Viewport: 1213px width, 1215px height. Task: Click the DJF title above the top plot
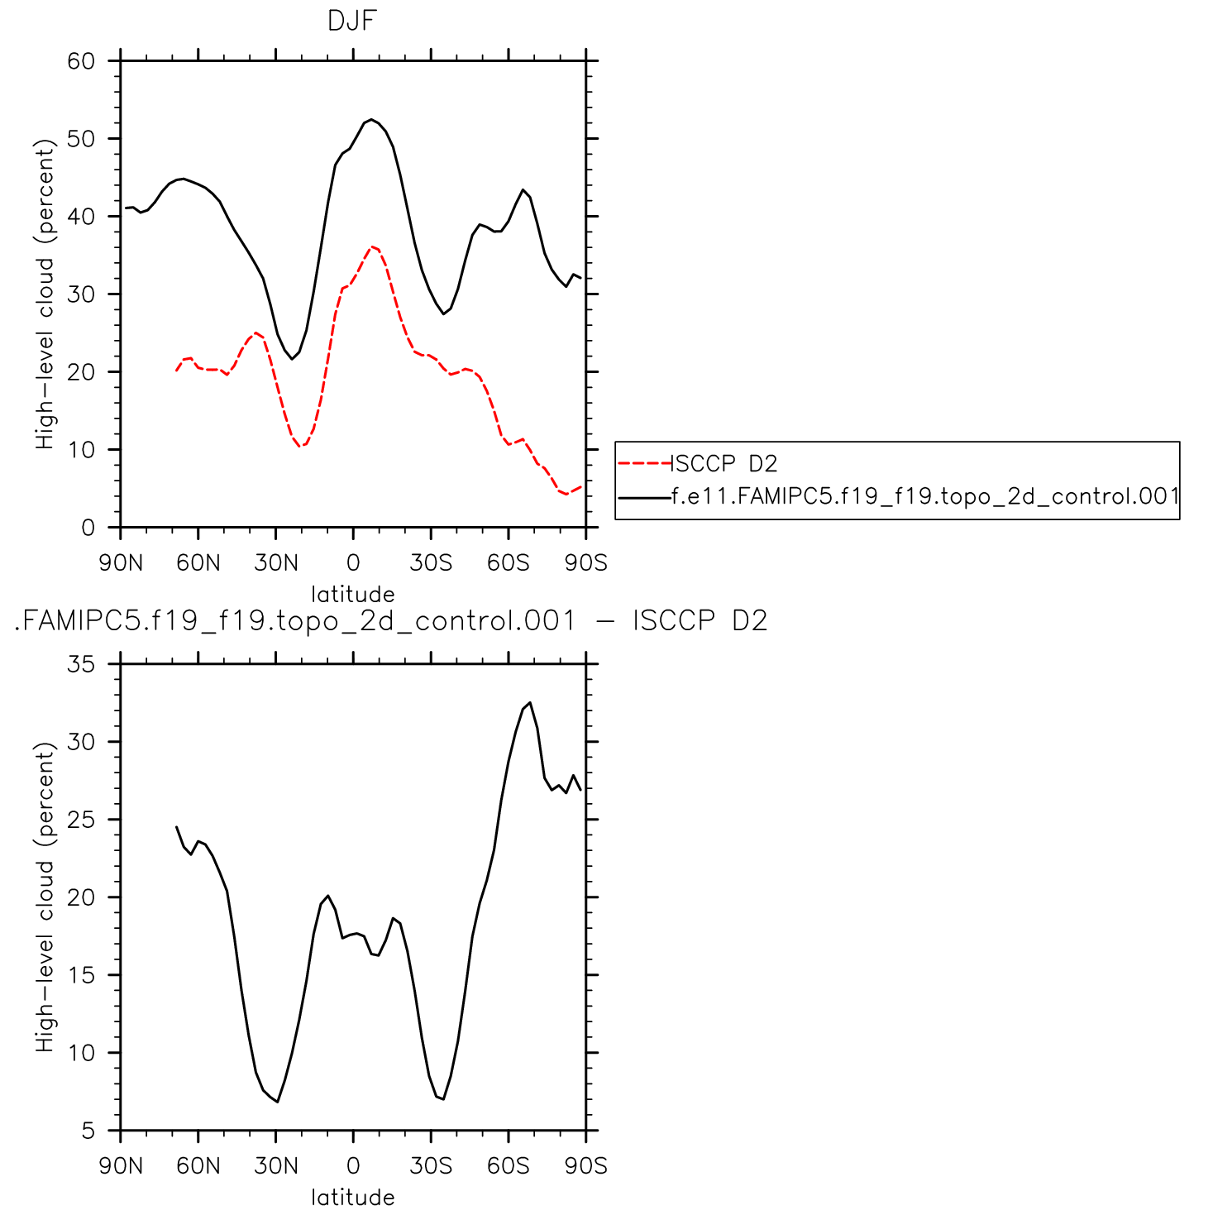click(x=352, y=21)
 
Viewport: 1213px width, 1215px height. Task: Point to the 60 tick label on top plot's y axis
click(x=82, y=61)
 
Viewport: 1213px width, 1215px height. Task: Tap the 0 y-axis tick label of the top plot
click(x=88, y=528)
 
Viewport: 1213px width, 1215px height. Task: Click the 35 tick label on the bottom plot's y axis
click(x=82, y=664)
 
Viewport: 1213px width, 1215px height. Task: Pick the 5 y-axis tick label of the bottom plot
click(x=88, y=1131)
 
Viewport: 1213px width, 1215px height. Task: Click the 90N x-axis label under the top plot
click(x=121, y=563)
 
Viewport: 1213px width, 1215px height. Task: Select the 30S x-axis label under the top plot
click(x=431, y=563)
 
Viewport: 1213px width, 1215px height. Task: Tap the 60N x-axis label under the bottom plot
click(x=198, y=1166)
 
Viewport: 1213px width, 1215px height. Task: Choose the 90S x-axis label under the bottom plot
click(x=585, y=1166)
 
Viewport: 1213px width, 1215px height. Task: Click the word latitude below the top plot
click(x=353, y=594)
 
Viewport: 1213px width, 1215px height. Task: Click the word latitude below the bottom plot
click(x=353, y=1197)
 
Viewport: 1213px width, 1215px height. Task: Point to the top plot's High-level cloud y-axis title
click(x=45, y=294)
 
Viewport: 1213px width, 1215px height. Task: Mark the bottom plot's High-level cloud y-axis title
click(x=45, y=897)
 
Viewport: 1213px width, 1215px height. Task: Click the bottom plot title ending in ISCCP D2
click(x=391, y=620)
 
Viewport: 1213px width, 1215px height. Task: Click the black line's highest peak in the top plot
click(x=371, y=120)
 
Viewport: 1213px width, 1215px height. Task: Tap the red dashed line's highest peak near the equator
click(x=372, y=246)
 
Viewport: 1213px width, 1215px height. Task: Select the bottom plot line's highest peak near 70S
click(x=530, y=703)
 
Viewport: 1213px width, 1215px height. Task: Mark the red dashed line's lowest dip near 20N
click(x=303, y=447)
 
